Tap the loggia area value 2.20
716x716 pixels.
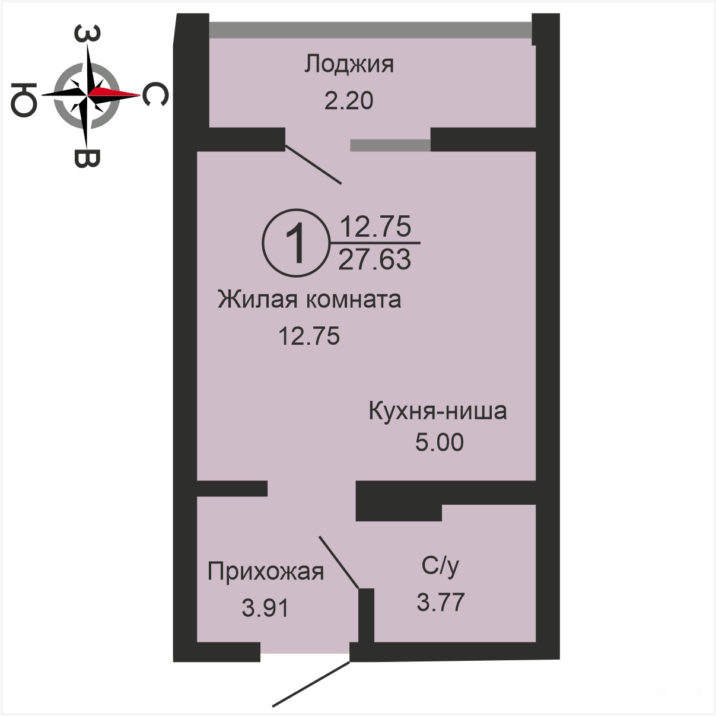(349, 101)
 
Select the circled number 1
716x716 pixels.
(296, 243)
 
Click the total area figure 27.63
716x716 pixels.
(374, 259)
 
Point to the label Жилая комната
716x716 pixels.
(309, 300)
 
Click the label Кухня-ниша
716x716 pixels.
(438, 411)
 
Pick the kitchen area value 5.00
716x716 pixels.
(440, 443)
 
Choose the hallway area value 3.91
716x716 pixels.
(265, 608)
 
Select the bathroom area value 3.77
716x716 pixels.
(441, 602)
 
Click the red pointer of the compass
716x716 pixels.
(114, 93)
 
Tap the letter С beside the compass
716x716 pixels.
(155, 94)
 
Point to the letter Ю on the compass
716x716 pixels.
(24, 99)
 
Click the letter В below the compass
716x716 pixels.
(87, 158)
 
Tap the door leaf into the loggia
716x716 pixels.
(313, 164)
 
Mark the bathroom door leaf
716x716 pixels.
(339, 562)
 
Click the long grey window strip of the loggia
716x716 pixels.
(370, 30)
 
